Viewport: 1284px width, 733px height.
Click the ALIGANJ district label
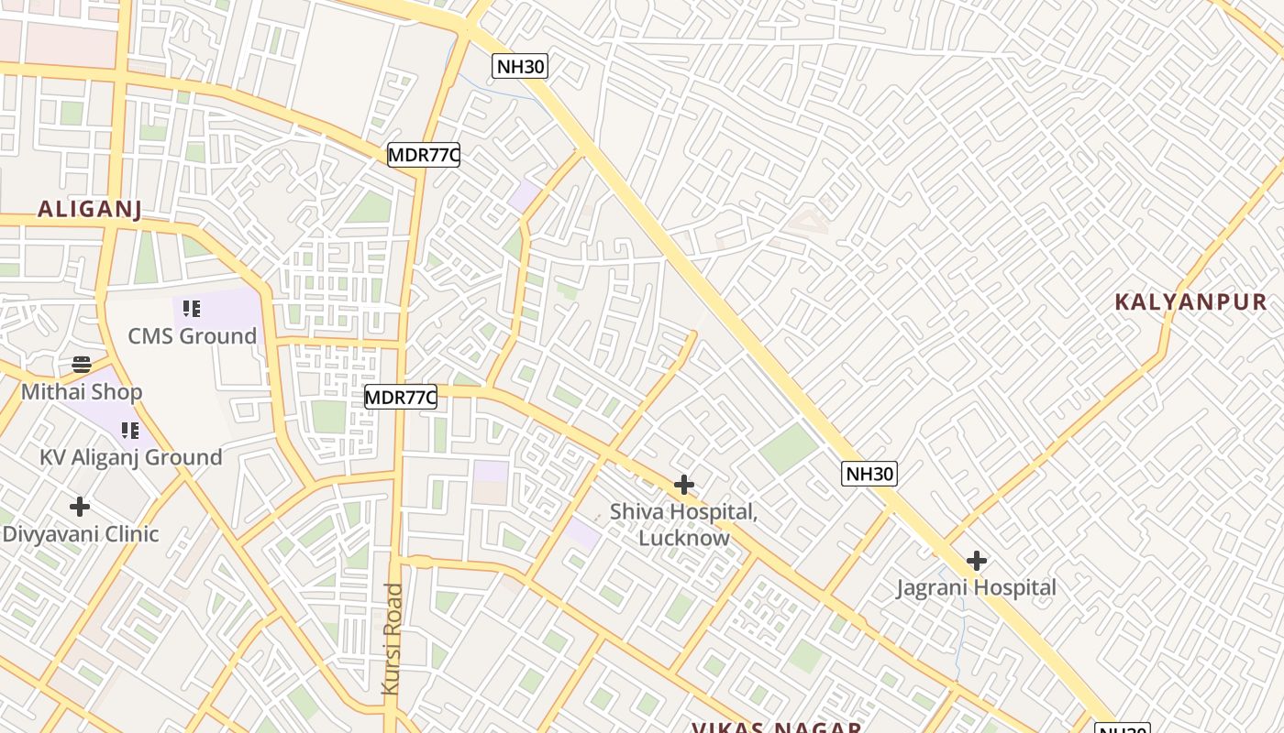click(x=89, y=209)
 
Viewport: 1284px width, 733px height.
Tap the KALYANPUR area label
click(x=1190, y=301)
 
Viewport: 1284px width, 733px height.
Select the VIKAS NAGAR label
click(x=776, y=728)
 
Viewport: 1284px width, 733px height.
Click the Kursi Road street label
click(x=393, y=638)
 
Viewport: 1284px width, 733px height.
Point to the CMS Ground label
click(x=192, y=335)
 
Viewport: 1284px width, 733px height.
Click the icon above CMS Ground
click(x=191, y=308)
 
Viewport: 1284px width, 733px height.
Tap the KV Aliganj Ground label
click(x=130, y=457)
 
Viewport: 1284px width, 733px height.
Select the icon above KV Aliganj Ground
click(x=130, y=430)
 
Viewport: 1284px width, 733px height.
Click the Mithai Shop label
click(x=82, y=392)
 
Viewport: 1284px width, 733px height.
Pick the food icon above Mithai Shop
click(x=81, y=365)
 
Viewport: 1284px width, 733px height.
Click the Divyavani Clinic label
click(x=81, y=533)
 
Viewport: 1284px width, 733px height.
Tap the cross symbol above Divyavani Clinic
click(x=80, y=506)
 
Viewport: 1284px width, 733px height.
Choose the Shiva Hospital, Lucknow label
click(x=684, y=524)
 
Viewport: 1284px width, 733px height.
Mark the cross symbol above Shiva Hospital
click(x=683, y=484)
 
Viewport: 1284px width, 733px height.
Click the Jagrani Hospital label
click(x=976, y=587)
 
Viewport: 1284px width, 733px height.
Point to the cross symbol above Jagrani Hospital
click(x=976, y=560)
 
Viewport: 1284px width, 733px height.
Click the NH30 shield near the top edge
click(x=520, y=66)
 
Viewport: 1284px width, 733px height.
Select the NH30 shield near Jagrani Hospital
click(x=869, y=474)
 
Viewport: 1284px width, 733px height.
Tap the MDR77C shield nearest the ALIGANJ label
click(x=423, y=155)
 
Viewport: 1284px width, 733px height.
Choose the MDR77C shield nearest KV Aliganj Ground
click(x=400, y=398)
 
